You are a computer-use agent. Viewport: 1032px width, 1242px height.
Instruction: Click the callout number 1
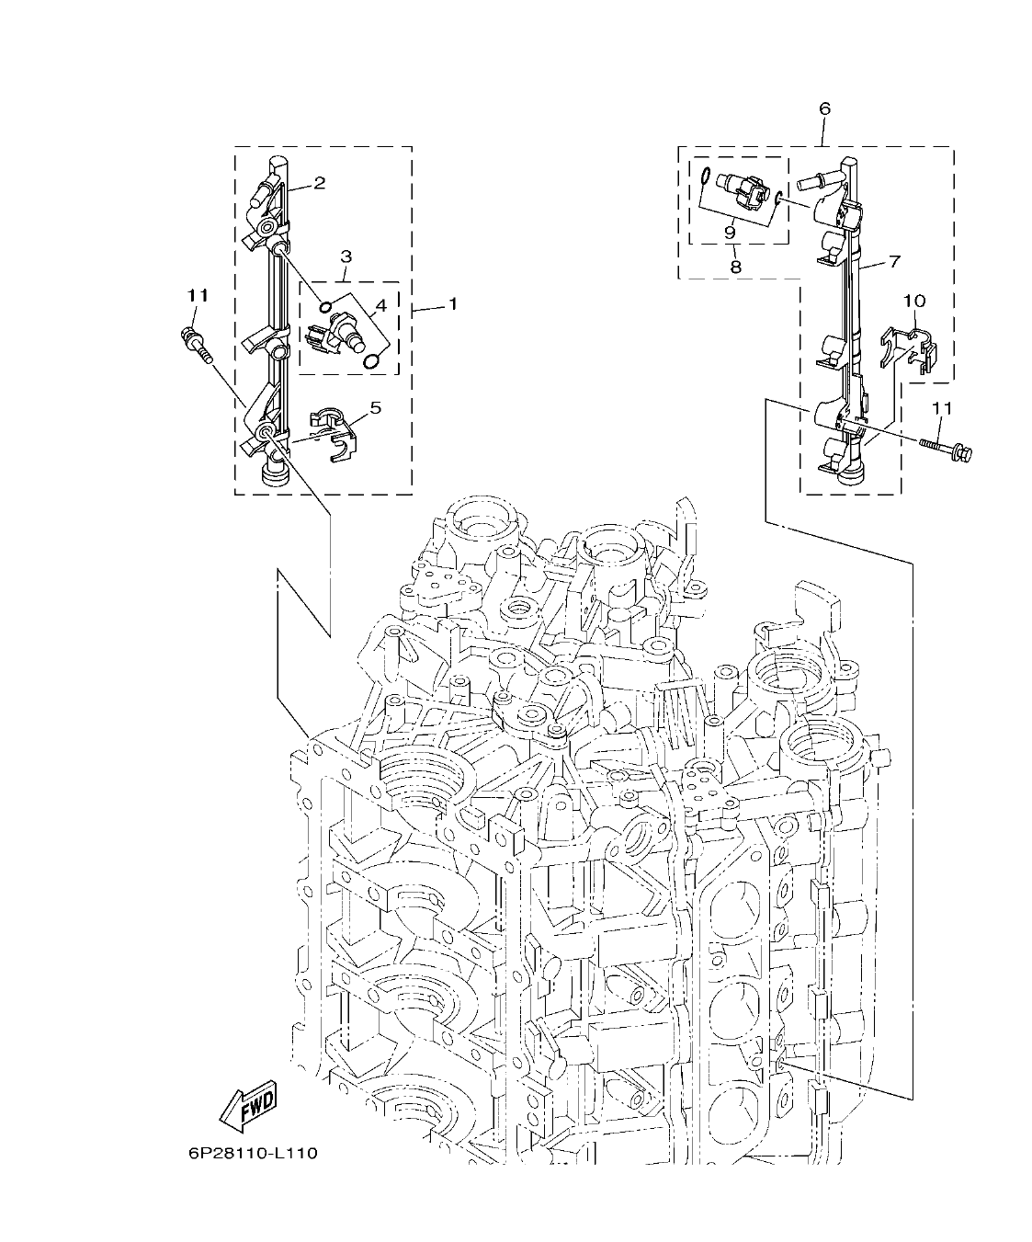point(452,303)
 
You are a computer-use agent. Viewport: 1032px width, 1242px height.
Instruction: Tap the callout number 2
point(319,183)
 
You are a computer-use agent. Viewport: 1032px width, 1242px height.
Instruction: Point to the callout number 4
point(380,303)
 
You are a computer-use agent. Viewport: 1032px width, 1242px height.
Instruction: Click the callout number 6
point(824,108)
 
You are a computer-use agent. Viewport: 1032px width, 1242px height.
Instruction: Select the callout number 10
point(913,301)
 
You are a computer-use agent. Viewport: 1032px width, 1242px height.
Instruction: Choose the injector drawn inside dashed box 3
point(340,329)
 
